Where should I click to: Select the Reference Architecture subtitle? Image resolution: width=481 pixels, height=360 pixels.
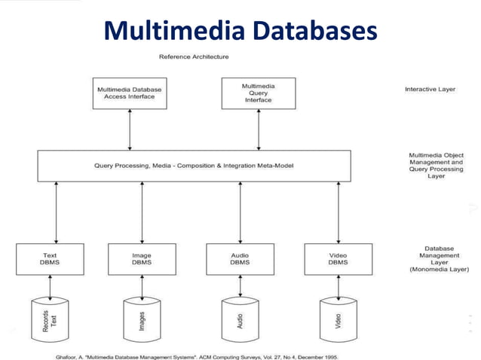click(194, 56)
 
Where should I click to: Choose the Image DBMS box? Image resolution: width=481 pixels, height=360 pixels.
click(141, 260)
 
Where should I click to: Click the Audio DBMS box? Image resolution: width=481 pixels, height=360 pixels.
click(240, 260)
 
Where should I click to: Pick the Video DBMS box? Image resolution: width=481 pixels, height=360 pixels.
click(337, 260)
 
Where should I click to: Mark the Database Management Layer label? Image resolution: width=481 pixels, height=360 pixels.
click(438, 258)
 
